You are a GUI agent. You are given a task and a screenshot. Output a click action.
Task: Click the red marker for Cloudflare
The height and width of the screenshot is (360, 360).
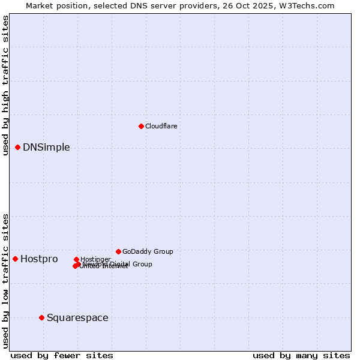coord(141,126)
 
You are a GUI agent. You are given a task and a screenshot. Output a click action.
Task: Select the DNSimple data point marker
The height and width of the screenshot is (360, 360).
coord(18,147)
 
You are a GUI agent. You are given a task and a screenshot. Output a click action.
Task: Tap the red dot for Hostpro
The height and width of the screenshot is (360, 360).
coord(16,259)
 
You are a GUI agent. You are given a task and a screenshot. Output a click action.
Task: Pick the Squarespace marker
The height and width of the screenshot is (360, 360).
coord(41,317)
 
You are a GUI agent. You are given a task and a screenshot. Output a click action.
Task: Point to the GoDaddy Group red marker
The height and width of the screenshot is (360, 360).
coord(118,251)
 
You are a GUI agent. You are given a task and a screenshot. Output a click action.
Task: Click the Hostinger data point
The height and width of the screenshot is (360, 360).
coord(76,259)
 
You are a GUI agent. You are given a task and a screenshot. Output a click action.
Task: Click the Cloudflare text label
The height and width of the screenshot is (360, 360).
coord(161,126)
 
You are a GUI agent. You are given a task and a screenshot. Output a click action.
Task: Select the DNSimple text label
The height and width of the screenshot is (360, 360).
coord(46,148)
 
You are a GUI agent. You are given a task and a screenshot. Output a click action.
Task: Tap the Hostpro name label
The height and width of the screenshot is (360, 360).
coord(39,259)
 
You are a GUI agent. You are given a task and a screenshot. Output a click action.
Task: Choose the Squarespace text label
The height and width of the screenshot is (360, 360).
coord(77,318)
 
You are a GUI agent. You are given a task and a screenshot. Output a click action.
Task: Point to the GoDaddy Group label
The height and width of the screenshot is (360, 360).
coord(148,251)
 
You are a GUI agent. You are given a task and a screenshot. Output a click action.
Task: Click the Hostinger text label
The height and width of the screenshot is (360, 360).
coord(95,259)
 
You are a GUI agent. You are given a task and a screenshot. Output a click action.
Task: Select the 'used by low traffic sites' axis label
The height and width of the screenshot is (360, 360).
coord(5,280)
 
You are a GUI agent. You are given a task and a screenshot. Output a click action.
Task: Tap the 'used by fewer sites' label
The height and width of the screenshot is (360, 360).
coord(62,355)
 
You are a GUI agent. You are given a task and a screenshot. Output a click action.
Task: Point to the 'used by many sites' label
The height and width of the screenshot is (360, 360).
coord(301,355)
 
